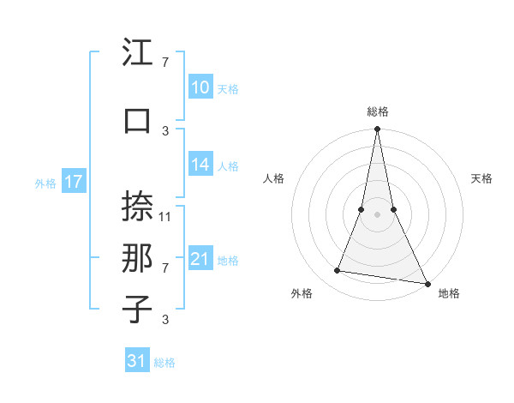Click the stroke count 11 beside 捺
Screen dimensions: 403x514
point(166,216)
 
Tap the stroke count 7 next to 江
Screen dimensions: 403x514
point(165,63)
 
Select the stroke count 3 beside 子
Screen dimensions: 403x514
point(165,320)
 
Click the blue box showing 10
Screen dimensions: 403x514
point(200,87)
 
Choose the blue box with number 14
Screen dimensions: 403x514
point(200,165)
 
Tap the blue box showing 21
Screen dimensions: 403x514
point(200,259)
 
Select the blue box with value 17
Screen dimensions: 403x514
point(73,182)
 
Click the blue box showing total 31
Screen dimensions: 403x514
point(137,361)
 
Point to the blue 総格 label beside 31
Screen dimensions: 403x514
point(164,363)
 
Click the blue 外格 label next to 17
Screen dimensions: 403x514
point(45,183)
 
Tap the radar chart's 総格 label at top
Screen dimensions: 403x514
point(378,111)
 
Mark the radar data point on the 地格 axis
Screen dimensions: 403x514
point(427,283)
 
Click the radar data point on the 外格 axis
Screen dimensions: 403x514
point(338,271)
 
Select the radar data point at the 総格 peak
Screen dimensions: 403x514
point(377,129)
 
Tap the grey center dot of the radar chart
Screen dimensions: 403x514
point(377,214)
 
